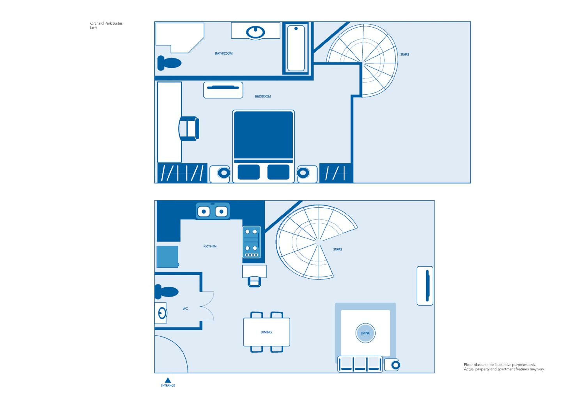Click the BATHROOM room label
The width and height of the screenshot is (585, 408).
[x=223, y=53]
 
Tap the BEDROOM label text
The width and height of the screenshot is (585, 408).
[x=263, y=96]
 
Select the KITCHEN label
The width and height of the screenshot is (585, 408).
[x=210, y=246]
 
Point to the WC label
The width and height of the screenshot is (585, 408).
[x=185, y=309]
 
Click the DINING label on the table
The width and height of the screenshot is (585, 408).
[x=266, y=332]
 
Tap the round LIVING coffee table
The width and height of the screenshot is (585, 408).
[x=365, y=333]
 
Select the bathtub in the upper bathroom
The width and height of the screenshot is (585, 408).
[x=296, y=48]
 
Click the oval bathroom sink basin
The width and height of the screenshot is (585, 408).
[x=255, y=32]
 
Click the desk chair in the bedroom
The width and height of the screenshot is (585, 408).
[x=189, y=129]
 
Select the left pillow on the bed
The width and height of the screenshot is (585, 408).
[x=248, y=172]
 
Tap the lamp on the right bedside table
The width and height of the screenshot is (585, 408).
[x=303, y=173]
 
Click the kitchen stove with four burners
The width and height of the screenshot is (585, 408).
[x=251, y=242]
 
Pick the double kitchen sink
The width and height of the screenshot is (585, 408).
[x=213, y=211]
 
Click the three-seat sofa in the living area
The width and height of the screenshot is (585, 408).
[x=360, y=364]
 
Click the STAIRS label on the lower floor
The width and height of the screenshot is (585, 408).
[x=337, y=249]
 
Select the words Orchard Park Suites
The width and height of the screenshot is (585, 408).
[x=106, y=23]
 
